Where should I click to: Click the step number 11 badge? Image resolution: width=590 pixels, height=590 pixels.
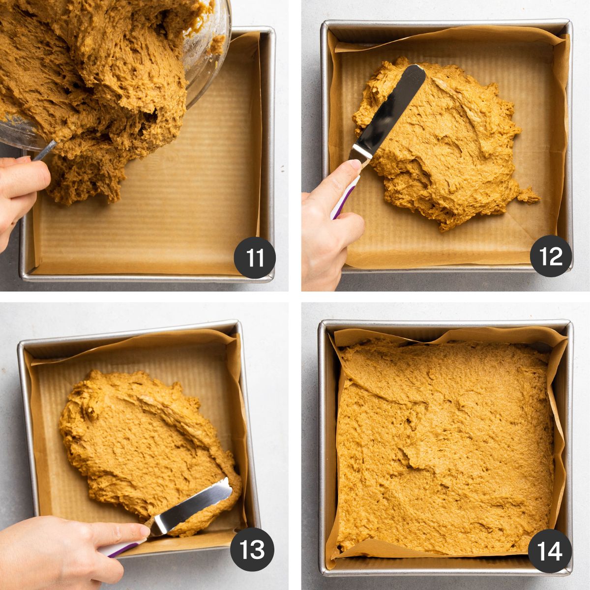[254, 258]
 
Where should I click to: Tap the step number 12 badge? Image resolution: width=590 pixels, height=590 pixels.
[551, 256]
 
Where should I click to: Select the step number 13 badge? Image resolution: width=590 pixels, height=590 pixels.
[252, 549]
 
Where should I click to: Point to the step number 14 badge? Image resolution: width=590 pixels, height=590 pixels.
[550, 551]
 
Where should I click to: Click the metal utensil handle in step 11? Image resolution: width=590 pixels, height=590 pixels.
[44, 150]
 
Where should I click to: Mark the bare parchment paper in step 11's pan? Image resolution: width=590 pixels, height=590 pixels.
[197, 206]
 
